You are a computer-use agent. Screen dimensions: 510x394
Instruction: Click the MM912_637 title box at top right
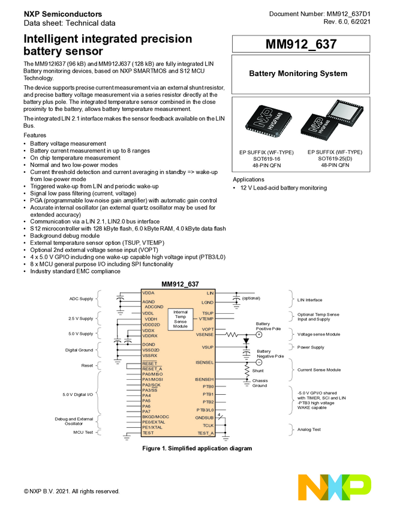pos(302,44)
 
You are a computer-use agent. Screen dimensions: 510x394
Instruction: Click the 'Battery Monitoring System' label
pos(298,74)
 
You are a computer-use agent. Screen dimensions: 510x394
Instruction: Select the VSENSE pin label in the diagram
pos(204,335)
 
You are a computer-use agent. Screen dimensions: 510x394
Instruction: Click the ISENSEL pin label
pos(204,362)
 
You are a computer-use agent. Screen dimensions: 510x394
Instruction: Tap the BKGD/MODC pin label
pos(155,416)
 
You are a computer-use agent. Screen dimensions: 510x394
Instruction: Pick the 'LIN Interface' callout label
pos(309,300)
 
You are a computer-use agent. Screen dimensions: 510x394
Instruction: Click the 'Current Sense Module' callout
pos(319,370)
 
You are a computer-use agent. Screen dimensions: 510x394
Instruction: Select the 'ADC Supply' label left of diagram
pos(82,298)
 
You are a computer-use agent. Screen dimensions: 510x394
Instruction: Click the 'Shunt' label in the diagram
pos(257,371)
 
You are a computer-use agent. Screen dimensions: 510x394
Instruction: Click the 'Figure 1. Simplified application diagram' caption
pos(197,448)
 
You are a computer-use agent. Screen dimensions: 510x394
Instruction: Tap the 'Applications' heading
pos(249,179)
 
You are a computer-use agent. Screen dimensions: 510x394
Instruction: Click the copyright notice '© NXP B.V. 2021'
pos(72,491)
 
